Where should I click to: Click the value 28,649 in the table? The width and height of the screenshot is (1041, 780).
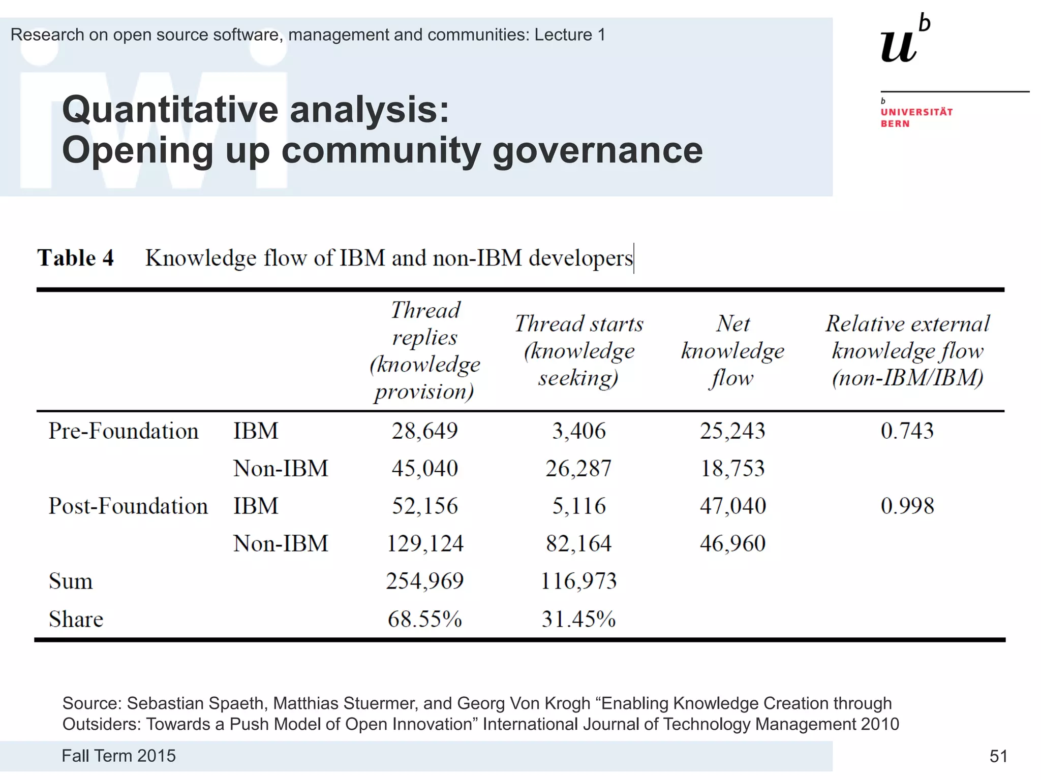click(x=424, y=431)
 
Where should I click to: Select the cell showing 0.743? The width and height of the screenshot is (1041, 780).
click(x=907, y=431)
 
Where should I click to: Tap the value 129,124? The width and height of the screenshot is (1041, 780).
click(x=425, y=544)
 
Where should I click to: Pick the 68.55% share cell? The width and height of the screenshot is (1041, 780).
click(x=424, y=619)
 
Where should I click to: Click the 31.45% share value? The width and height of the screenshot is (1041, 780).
click(x=578, y=619)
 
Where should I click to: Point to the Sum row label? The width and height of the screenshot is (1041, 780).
click(x=71, y=581)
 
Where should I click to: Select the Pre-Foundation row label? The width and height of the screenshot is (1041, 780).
click(x=123, y=431)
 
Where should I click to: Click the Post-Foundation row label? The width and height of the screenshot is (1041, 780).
click(x=128, y=506)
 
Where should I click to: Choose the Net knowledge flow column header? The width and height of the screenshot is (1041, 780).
click(x=732, y=351)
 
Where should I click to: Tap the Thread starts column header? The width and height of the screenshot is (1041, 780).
click(x=579, y=351)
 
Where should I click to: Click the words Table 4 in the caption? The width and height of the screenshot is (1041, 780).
click(x=75, y=258)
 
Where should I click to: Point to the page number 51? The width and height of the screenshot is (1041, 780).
click(x=998, y=757)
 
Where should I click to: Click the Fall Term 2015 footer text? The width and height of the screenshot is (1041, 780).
click(x=118, y=756)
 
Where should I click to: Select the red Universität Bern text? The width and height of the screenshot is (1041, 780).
click(x=916, y=117)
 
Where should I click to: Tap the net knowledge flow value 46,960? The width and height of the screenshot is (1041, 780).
click(x=732, y=544)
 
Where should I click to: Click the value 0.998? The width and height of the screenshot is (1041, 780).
click(x=907, y=506)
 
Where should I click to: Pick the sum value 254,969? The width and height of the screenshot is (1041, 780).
click(x=424, y=581)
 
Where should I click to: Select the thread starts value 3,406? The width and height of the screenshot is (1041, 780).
click(x=579, y=431)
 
